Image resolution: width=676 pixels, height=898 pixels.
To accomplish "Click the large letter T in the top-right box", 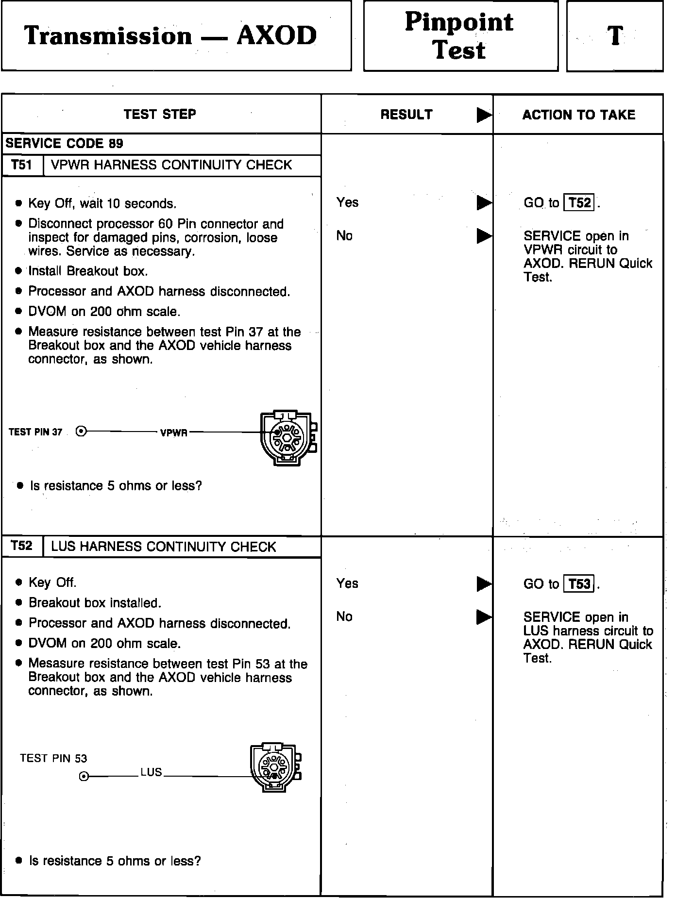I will click(x=615, y=36).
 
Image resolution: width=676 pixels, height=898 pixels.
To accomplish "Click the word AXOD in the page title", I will click(x=277, y=36).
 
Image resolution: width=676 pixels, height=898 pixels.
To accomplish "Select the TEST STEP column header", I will click(x=160, y=115).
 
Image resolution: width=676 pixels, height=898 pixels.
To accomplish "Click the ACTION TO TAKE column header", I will click(x=578, y=115).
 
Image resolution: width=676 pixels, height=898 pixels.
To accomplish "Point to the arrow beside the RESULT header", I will click(x=484, y=115).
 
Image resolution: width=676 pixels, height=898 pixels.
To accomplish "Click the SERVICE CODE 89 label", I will click(x=65, y=144).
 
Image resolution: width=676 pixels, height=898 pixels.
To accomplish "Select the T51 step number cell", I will click(x=22, y=165).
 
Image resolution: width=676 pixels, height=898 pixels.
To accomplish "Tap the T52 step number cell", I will click(x=22, y=546).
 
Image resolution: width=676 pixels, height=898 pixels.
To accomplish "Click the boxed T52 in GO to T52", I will click(x=579, y=202).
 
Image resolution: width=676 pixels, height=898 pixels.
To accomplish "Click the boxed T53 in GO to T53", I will click(x=579, y=583).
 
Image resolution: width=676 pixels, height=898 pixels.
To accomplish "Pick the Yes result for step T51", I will click(x=347, y=202).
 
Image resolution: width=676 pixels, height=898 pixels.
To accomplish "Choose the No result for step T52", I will click(x=344, y=616).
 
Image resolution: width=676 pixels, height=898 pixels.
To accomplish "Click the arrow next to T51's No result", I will click(x=484, y=236).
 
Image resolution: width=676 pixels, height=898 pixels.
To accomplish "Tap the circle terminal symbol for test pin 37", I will click(x=82, y=431).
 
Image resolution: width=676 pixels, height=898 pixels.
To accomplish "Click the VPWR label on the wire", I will click(x=174, y=432).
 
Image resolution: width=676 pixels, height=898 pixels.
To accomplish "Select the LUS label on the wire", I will click(x=151, y=772).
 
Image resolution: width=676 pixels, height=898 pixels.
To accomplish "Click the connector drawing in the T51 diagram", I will click(x=288, y=438).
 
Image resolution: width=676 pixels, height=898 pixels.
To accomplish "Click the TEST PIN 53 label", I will click(x=53, y=758).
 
